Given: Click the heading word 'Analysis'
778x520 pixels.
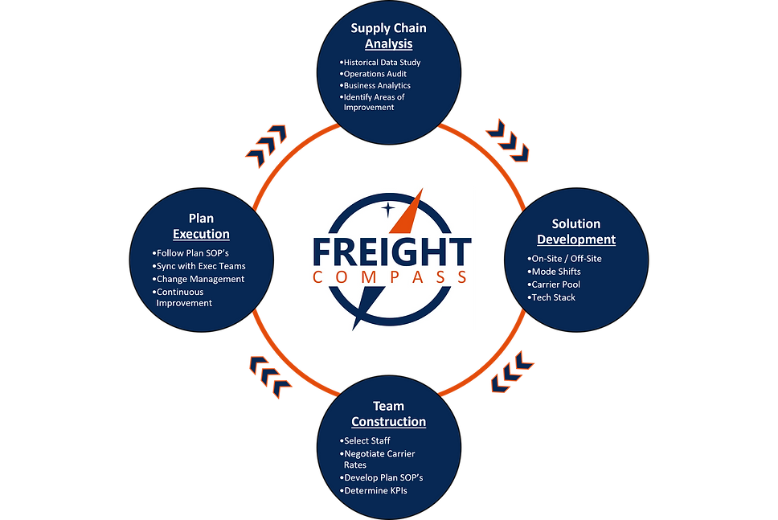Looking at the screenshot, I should (x=388, y=43).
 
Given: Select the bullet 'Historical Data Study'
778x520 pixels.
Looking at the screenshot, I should (x=382, y=62).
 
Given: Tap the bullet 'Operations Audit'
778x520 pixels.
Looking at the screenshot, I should (x=375, y=74).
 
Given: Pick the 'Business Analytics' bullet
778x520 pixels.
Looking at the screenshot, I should (x=378, y=85).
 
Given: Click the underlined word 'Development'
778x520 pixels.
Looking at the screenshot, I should (x=576, y=240).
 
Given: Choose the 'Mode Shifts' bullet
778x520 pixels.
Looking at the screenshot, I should (x=555, y=272).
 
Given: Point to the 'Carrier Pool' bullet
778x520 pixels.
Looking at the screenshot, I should (x=555, y=285).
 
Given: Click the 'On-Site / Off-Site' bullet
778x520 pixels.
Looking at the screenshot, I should (x=565, y=259).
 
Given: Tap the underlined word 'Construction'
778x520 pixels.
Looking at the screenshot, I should (x=388, y=422).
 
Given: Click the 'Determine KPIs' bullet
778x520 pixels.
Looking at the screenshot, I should (x=376, y=490).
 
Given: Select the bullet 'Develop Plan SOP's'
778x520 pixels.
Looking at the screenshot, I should (x=383, y=478).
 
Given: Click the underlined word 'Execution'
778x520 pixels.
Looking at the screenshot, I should (x=201, y=234).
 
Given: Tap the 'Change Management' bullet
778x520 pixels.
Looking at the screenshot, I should (x=200, y=279).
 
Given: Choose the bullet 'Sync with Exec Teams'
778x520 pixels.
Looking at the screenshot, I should (x=201, y=266).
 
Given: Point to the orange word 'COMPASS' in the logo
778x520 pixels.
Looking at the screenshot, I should (x=391, y=277).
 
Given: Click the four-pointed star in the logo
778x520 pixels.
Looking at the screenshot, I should (x=389, y=209).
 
